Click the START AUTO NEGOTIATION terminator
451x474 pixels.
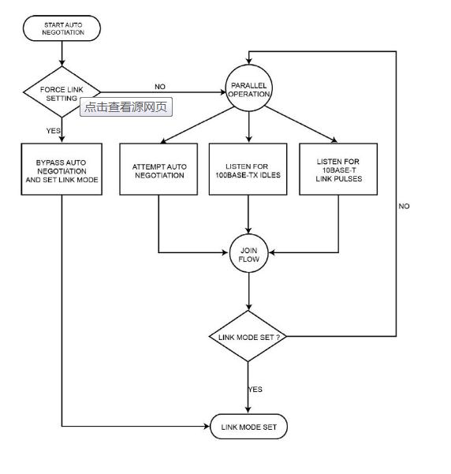point(61,28)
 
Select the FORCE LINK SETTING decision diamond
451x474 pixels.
point(61,92)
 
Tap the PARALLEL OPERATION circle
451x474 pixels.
point(249,88)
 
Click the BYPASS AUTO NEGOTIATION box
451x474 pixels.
point(61,169)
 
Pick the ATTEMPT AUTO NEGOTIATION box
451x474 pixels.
point(158,169)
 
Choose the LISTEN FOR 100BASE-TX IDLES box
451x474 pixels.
point(248,169)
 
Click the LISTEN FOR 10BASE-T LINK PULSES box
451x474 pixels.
point(338,169)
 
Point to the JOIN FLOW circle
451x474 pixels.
point(248,253)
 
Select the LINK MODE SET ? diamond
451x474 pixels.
point(248,336)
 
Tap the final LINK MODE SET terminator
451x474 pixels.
point(248,427)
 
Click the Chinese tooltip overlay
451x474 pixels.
point(126,106)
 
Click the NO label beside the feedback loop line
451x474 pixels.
point(404,206)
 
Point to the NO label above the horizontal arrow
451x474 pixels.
point(160,87)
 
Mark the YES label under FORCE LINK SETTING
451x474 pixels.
point(53,131)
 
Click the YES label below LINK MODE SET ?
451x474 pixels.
point(255,390)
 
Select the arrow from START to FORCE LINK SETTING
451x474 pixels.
point(62,54)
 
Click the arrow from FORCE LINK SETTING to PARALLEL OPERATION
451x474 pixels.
point(163,92)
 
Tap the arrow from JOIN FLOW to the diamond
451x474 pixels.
point(248,291)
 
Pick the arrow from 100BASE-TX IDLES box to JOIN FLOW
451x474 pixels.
point(248,215)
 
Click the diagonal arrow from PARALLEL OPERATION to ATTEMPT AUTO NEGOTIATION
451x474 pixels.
point(197,125)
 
